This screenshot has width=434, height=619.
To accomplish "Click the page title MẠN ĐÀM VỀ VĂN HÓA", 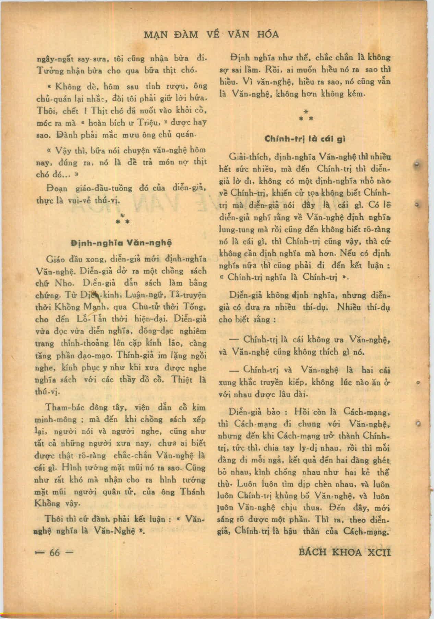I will [x=210, y=35].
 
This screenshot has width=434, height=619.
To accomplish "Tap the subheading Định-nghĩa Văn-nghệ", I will [x=121, y=242].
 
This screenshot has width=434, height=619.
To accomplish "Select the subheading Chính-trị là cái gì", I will [x=305, y=139].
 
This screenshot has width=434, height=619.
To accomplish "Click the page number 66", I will [x=55, y=553].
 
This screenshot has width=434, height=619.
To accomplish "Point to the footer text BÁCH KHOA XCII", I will [x=345, y=553].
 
